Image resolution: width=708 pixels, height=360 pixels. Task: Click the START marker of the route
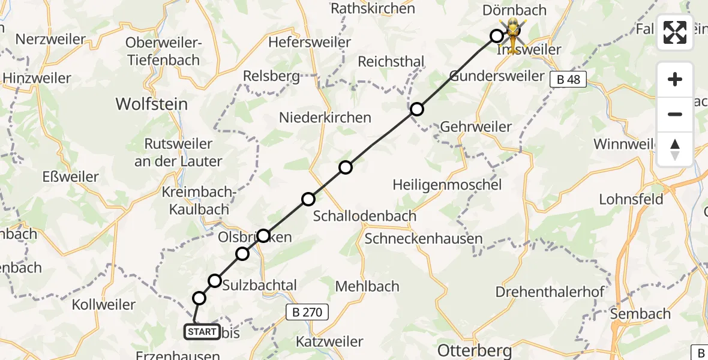[x=202, y=331]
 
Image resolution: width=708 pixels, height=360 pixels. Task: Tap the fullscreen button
[x=675, y=32]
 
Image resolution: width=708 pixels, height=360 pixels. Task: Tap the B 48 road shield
[x=568, y=79]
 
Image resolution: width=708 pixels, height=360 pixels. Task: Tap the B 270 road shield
[x=307, y=312]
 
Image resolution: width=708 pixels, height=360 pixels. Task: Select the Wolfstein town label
[x=151, y=104]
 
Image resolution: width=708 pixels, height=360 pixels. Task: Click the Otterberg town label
[x=475, y=350]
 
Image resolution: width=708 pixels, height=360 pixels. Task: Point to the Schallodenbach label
[x=365, y=216]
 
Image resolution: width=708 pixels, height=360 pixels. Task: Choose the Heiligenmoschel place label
[x=447, y=185]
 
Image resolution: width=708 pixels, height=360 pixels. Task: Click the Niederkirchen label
[x=325, y=118]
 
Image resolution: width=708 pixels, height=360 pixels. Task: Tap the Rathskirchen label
[x=373, y=8]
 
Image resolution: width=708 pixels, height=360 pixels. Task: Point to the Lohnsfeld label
[x=631, y=199]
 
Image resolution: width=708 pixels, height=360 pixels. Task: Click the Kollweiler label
[x=104, y=305]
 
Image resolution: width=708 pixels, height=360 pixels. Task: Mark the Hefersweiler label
[x=310, y=43]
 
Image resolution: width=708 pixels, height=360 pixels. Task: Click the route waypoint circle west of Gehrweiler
[x=416, y=109]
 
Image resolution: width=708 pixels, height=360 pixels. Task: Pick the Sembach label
[x=640, y=314]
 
